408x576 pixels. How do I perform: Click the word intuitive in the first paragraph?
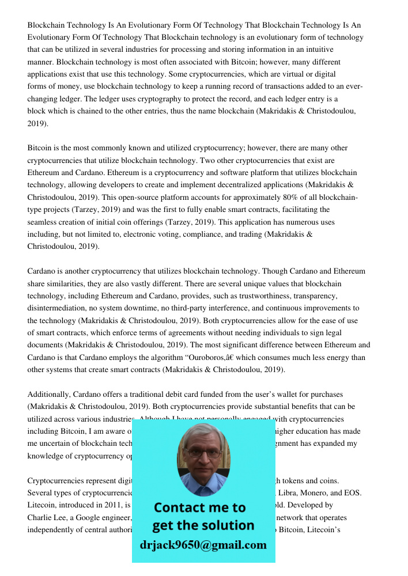[x=319, y=50]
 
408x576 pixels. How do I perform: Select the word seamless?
[x=42, y=222]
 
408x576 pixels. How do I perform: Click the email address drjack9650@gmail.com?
[x=203, y=545]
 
